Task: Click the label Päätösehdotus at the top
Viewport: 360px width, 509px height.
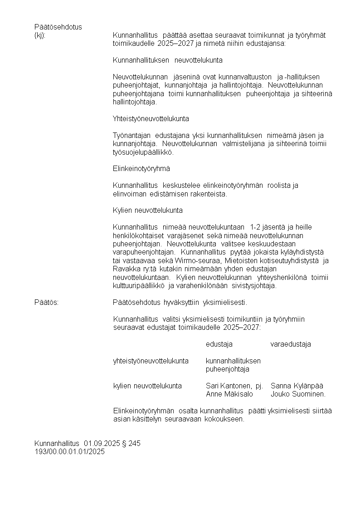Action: pyautogui.click(x=58, y=27)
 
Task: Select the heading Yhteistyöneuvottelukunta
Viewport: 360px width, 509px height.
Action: pyautogui.click(x=151, y=119)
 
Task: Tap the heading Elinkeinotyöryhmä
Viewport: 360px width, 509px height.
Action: pyautogui.click(x=141, y=168)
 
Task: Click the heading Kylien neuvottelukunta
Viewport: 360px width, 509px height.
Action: pyautogui.click(x=147, y=210)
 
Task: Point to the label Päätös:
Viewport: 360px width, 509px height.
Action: pyautogui.click(x=46, y=303)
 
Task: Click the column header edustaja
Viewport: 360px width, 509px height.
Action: pyautogui.click(x=219, y=344)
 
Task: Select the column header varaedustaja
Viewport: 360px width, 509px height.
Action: pyautogui.click(x=291, y=344)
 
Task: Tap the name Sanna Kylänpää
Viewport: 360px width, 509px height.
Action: pyautogui.click(x=297, y=386)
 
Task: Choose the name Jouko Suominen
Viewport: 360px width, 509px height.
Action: pyautogui.click(x=297, y=394)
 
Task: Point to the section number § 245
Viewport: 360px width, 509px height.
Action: pyautogui.click(x=131, y=444)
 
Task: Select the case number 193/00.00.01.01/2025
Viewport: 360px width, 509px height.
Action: pyautogui.click(x=69, y=452)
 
